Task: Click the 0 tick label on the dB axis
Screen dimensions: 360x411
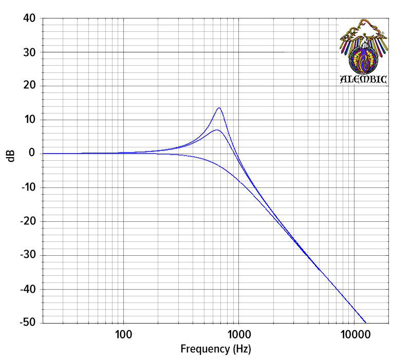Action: click(32, 153)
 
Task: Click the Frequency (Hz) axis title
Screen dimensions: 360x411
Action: click(216, 350)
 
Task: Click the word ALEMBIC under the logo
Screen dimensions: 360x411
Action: click(364, 80)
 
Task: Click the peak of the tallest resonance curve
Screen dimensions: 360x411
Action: click(219, 108)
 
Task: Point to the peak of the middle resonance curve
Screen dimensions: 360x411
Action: click(217, 130)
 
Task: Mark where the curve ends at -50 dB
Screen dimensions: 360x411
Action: click(366, 322)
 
